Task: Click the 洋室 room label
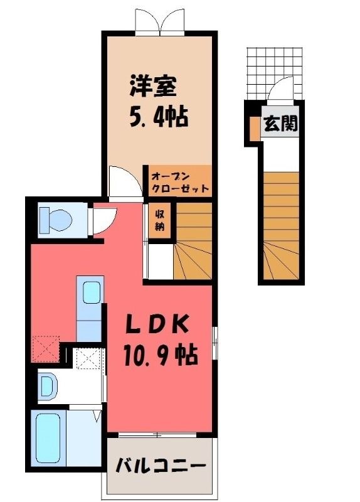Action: click(153, 86)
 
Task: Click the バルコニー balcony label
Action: click(160, 465)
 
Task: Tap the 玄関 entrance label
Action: click(280, 123)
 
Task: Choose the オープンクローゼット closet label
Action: click(180, 182)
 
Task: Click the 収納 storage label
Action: click(160, 221)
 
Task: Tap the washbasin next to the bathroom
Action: click(48, 386)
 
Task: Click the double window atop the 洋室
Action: click(160, 21)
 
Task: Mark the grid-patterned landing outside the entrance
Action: click(275, 72)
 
